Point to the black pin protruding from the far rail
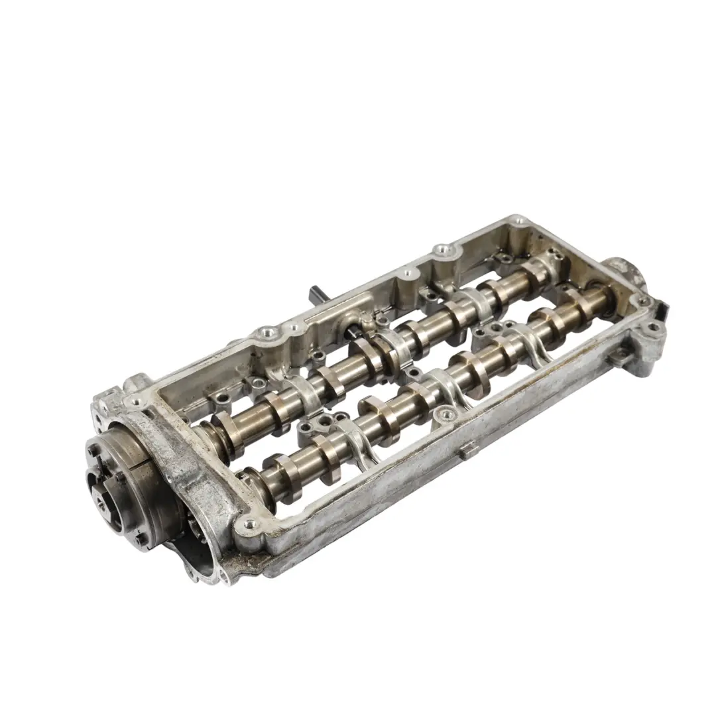315,292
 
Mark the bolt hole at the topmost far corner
519,219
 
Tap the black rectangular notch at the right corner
662,309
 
